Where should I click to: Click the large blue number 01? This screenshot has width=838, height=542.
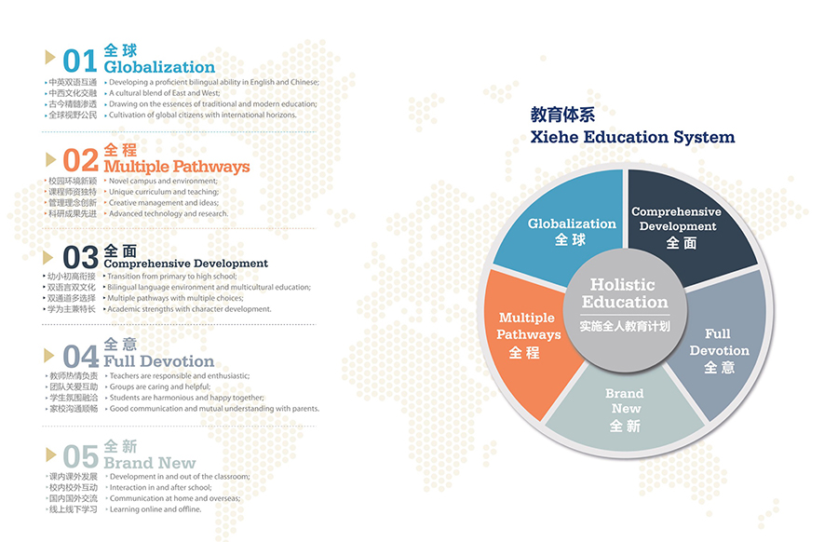point(80,61)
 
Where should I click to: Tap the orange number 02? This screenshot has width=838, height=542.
point(81,160)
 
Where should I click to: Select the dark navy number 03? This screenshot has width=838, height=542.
point(81,257)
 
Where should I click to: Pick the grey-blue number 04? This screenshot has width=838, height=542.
point(81,357)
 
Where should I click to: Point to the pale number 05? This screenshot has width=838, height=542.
point(81,456)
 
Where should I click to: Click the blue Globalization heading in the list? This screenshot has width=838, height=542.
point(159,67)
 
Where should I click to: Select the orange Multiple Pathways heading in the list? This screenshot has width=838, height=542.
point(177,167)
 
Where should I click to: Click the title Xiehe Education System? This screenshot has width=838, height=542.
point(633,137)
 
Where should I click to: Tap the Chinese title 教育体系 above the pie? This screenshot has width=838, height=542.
point(562,115)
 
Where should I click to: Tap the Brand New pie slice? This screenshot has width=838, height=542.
point(626,412)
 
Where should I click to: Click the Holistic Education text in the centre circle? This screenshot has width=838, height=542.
point(624,293)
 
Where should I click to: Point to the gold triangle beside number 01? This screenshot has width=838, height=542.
point(49,57)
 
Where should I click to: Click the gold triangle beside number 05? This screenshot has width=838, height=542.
point(49,454)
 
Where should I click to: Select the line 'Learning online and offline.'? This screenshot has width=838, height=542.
point(155,509)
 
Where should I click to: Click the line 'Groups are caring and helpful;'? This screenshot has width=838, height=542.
point(160,386)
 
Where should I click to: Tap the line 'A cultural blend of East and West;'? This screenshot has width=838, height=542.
point(165,93)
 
